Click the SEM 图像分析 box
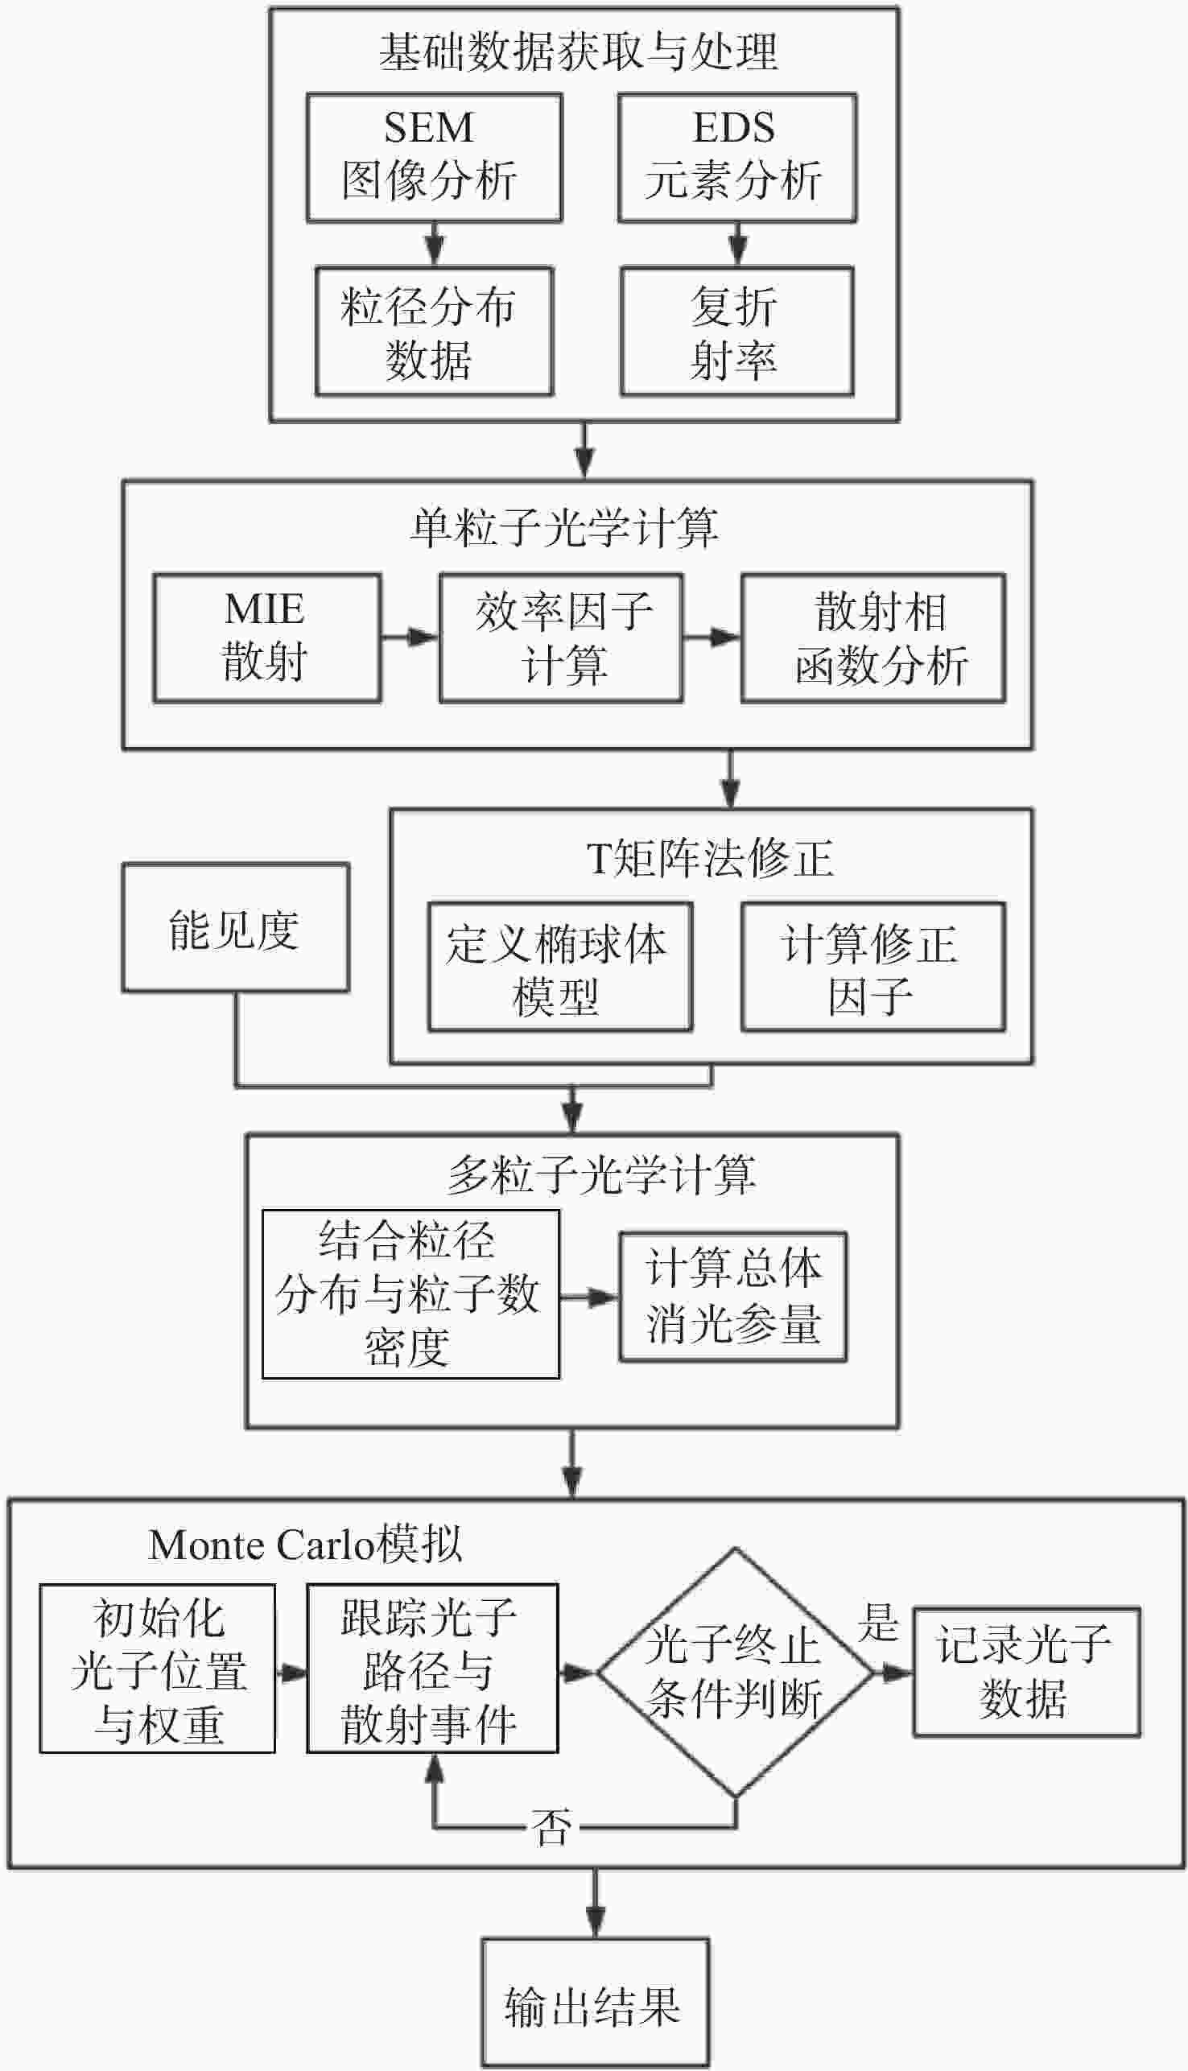click(x=433, y=157)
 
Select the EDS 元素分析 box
click(x=736, y=157)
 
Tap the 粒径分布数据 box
click(x=433, y=330)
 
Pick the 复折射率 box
click(x=736, y=330)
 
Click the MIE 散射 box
click(x=266, y=637)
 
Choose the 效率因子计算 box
click(x=560, y=637)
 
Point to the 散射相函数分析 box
click(x=872, y=637)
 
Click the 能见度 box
click(x=235, y=927)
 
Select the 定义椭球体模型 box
click(x=559, y=966)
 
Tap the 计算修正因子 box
click(x=872, y=966)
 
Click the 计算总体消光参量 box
click(x=732, y=1296)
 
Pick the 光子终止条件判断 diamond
click(x=735, y=1672)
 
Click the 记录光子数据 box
click(x=1025, y=1672)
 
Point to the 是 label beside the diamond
click(x=878, y=1622)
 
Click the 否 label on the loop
click(x=551, y=1827)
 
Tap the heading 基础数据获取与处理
click(x=578, y=52)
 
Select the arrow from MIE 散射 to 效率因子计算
click(x=410, y=636)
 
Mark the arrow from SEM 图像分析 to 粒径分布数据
click(x=435, y=243)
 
